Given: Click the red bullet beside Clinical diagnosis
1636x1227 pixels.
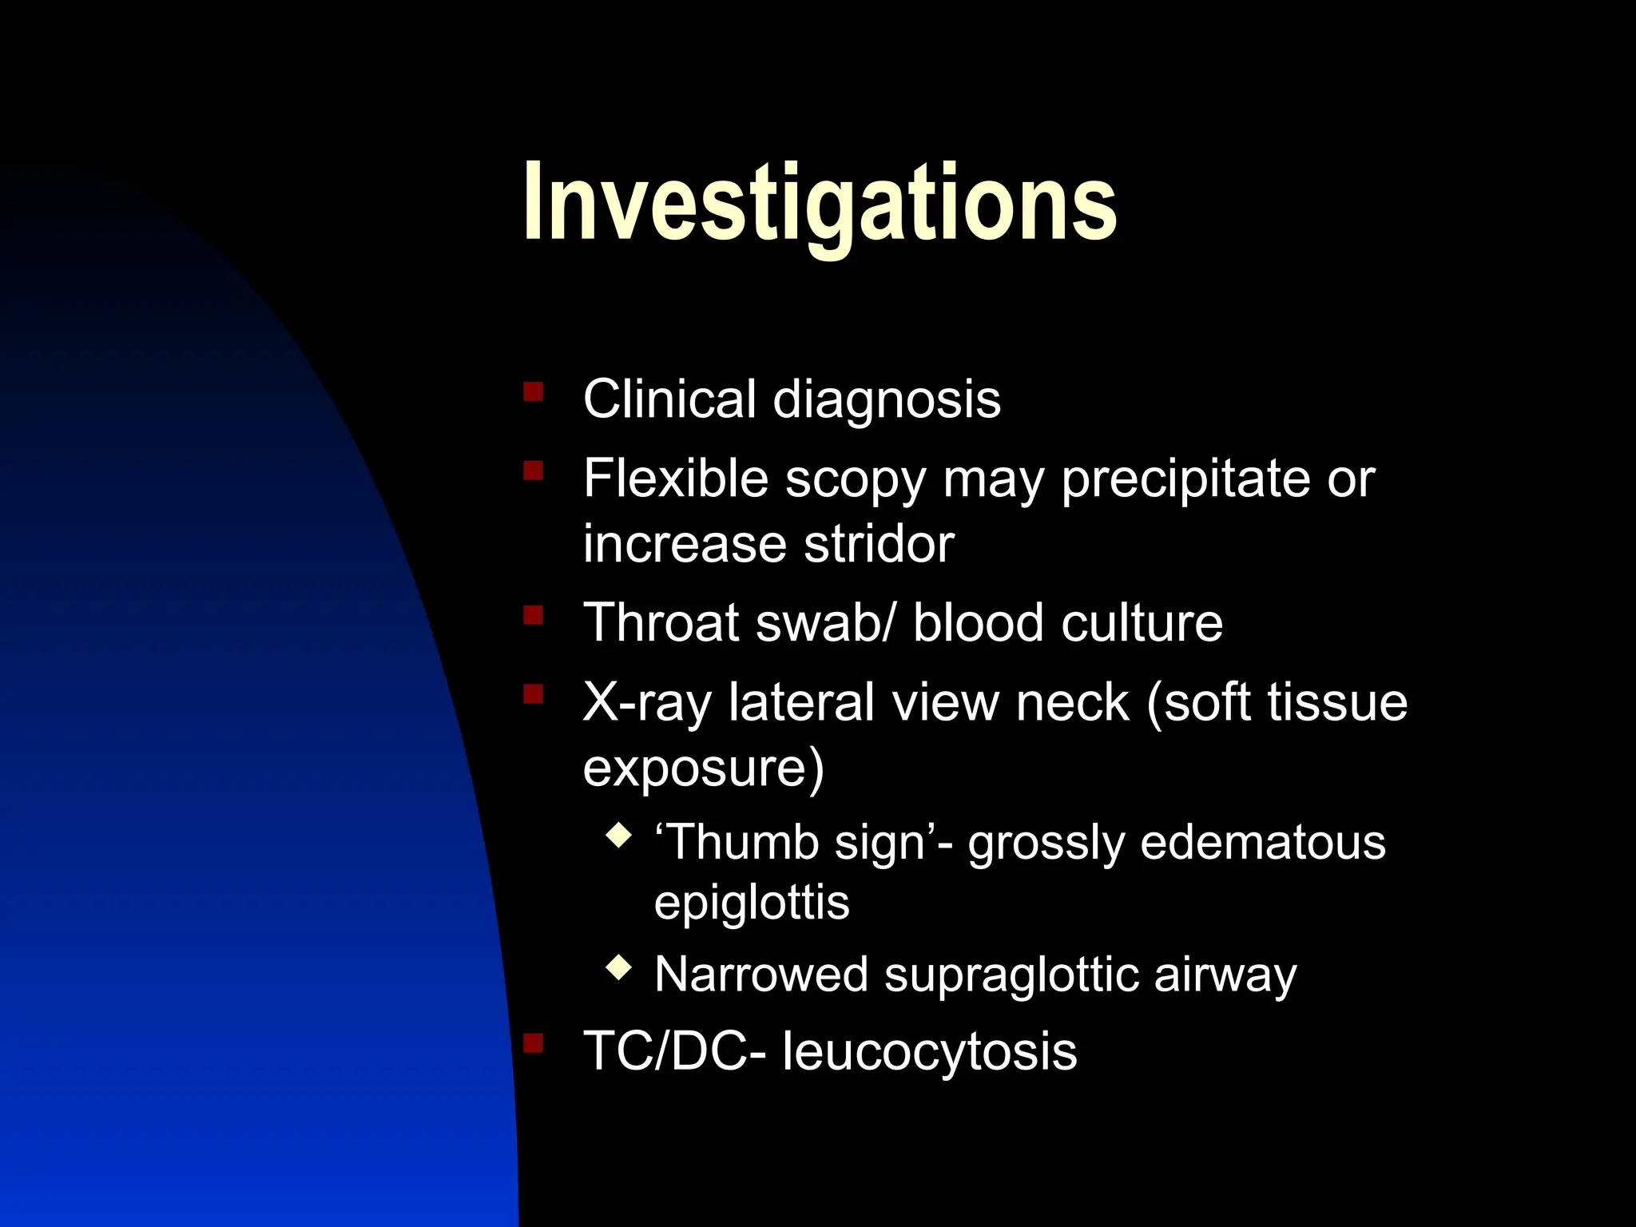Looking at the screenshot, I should coord(533,391).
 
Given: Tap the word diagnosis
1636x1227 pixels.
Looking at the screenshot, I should coord(887,399).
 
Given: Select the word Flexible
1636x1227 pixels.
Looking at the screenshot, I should coord(675,479).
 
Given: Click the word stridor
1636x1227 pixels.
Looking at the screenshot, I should coord(879,545).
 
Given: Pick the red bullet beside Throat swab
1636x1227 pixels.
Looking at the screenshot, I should coord(533,615).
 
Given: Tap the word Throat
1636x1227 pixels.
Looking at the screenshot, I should coord(662,623).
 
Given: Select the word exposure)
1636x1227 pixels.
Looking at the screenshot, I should coord(703,768).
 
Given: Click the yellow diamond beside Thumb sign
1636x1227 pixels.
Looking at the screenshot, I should coord(619,836).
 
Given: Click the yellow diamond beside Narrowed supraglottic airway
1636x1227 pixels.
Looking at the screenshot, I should coord(619,968).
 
